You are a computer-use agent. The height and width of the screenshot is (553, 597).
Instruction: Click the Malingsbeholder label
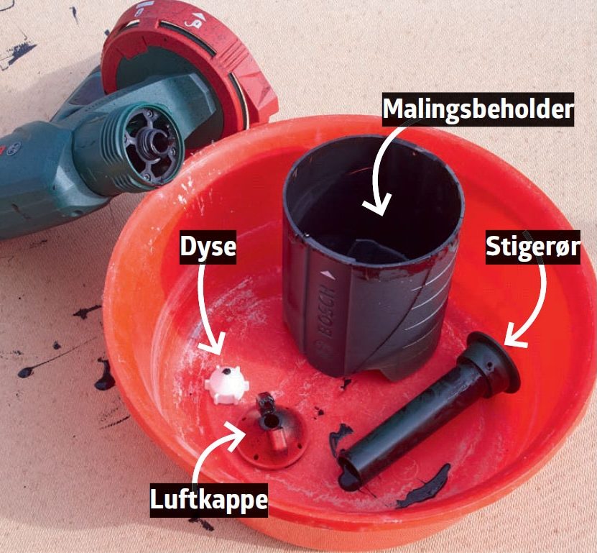coord(478,109)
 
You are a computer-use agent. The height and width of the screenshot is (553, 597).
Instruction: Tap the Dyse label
coord(208,247)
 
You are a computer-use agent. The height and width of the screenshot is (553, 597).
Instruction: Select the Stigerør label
coord(532,247)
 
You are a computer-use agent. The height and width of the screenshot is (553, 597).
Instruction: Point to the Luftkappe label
coord(208,500)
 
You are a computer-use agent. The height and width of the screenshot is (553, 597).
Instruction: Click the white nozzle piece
coord(226,384)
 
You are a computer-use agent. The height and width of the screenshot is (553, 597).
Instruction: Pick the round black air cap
coord(271,431)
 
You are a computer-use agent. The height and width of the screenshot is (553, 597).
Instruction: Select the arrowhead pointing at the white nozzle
coord(213,345)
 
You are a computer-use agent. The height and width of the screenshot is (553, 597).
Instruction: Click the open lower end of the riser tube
coord(348,472)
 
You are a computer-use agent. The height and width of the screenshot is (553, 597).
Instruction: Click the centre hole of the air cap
coord(271,421)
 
